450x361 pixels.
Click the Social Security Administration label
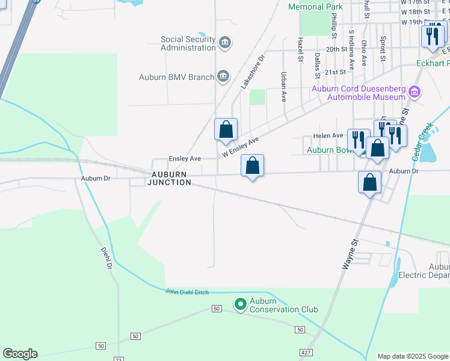click(188, 43)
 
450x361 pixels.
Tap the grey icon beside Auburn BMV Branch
click(223, 76)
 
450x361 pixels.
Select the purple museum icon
click(414, 92)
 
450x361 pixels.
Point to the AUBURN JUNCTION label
click(171, 178)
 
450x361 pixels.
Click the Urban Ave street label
click(283, 87)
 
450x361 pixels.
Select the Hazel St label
click(300, 49)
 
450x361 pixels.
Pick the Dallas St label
click(316, 65)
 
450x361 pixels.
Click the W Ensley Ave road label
click(240, 147)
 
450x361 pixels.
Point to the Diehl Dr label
click(107, 258)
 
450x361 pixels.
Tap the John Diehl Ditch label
click(186, 292)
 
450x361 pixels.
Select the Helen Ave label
click(328, 135)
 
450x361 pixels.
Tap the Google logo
click(20, 354)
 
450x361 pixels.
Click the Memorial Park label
click(315, 7)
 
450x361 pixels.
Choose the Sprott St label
click(383, 48)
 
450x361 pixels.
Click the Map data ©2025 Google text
click(413, 356)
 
